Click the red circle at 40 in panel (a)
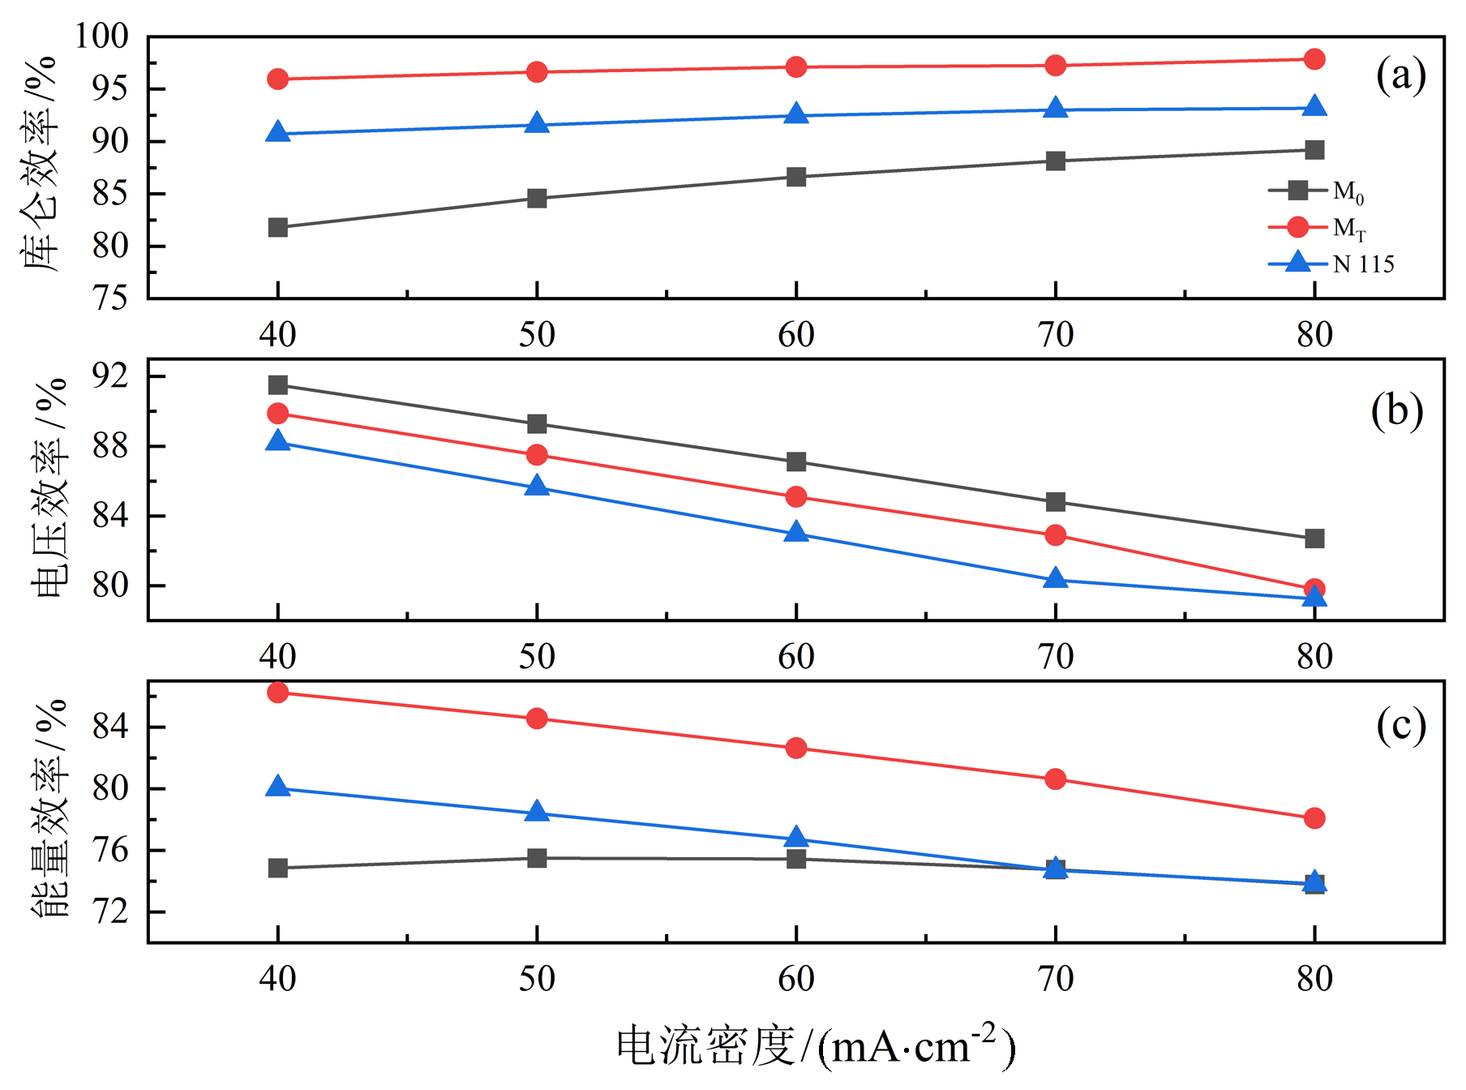click(278, 79)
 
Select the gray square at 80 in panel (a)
click(1314, 150)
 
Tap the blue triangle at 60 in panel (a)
click(796, 114)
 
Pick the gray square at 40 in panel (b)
click(278, 384)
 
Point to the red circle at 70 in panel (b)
click(1055, 535)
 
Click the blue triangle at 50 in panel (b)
click(537, 487)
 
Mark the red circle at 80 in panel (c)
click(1314, 818)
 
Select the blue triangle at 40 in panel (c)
click(278, 787)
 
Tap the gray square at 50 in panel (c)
click(537, 858)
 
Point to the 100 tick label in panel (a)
click(102, 36)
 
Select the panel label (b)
click(1396, 411)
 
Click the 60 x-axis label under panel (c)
click(796, 979)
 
